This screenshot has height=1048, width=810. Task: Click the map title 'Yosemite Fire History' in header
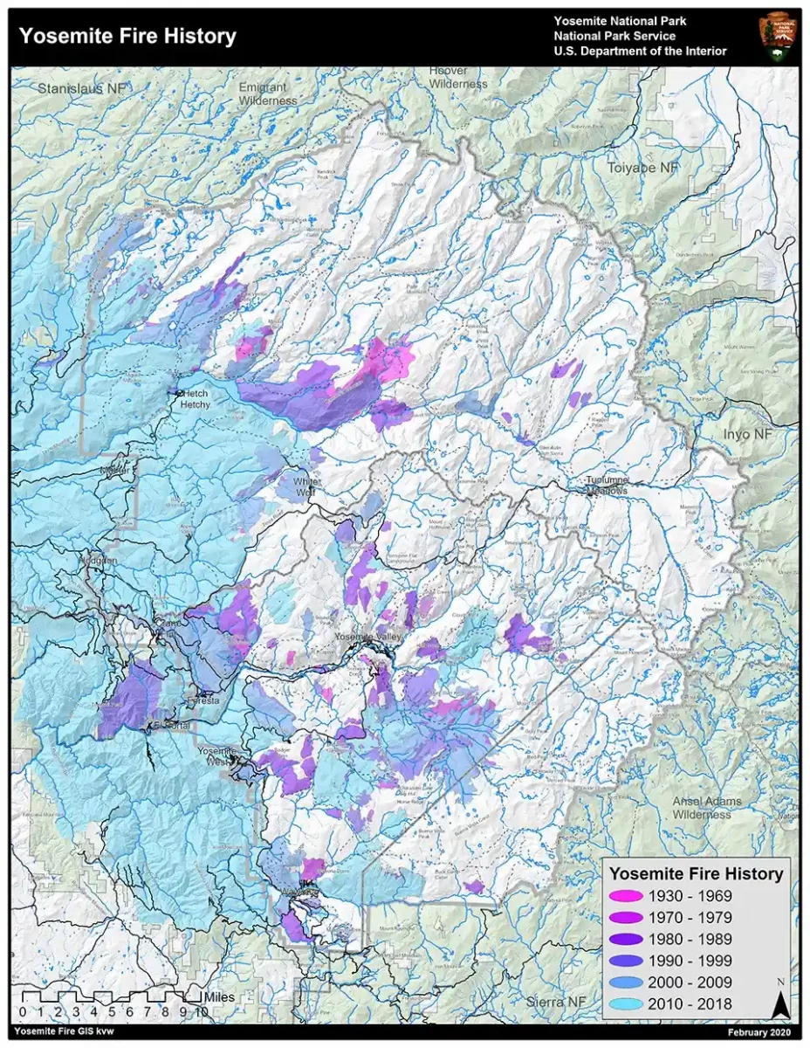[127, 37]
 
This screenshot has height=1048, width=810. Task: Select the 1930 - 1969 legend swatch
[626, 896]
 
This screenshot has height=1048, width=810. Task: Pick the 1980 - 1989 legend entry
[690, 939]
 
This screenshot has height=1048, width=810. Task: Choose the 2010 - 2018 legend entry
[690, 1004]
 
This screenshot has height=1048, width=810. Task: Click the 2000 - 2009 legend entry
[690, 982]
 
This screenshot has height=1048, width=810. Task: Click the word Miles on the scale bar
[219, 996]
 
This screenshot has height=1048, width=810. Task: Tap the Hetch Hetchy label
[196, 399]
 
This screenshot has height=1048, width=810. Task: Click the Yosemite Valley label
[368, 638]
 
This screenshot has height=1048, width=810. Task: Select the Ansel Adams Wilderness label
[706, 808]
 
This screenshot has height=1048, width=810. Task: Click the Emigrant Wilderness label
[269, 94]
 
